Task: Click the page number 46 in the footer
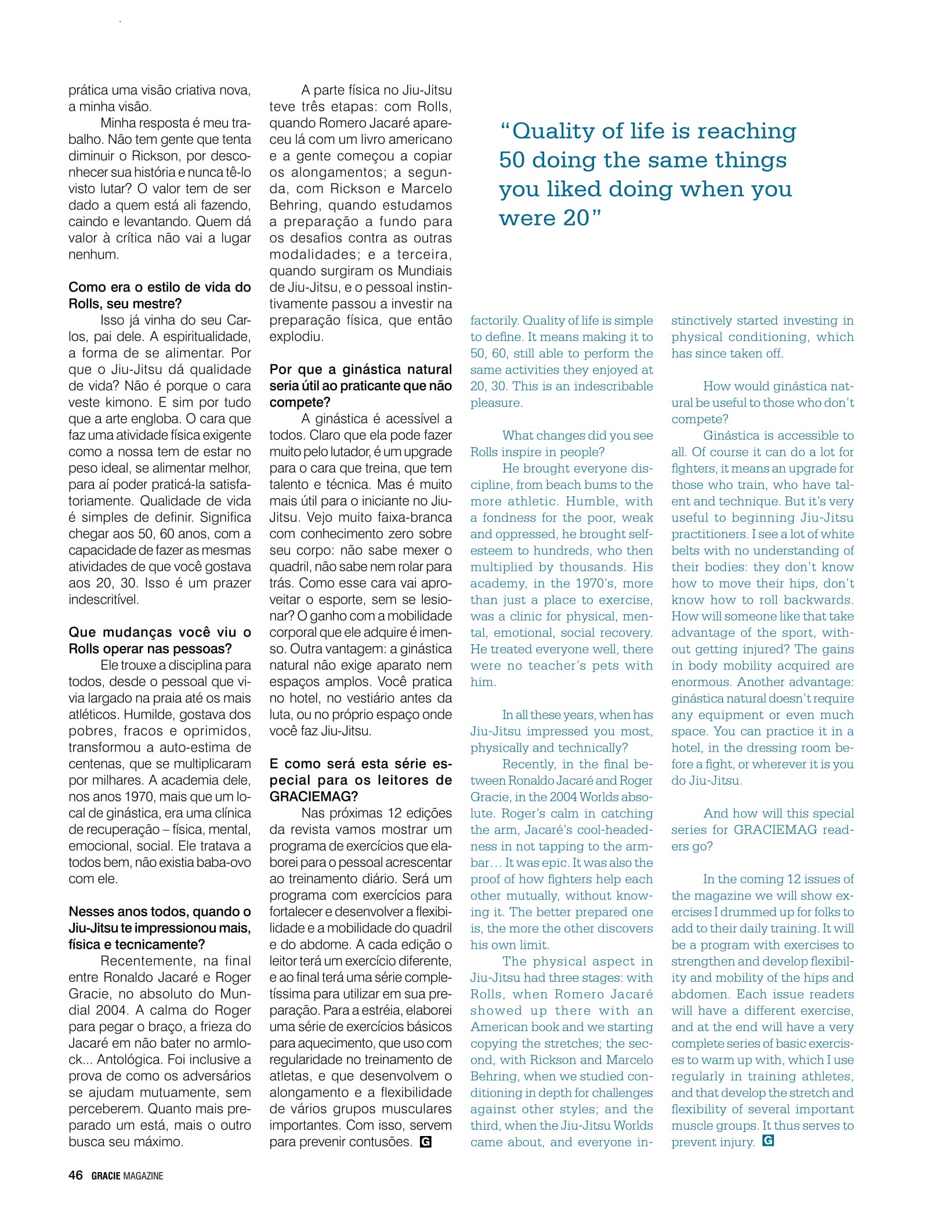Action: tap(75, 1175)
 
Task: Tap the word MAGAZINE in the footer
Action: tap(143, 1176)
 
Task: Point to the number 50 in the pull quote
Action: tap(511, 161)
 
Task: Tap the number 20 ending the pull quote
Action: tap(576, 219)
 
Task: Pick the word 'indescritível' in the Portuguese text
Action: tap(104, 600)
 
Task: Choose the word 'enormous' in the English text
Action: tap(701, 682)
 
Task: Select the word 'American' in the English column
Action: tap(495, 1027)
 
